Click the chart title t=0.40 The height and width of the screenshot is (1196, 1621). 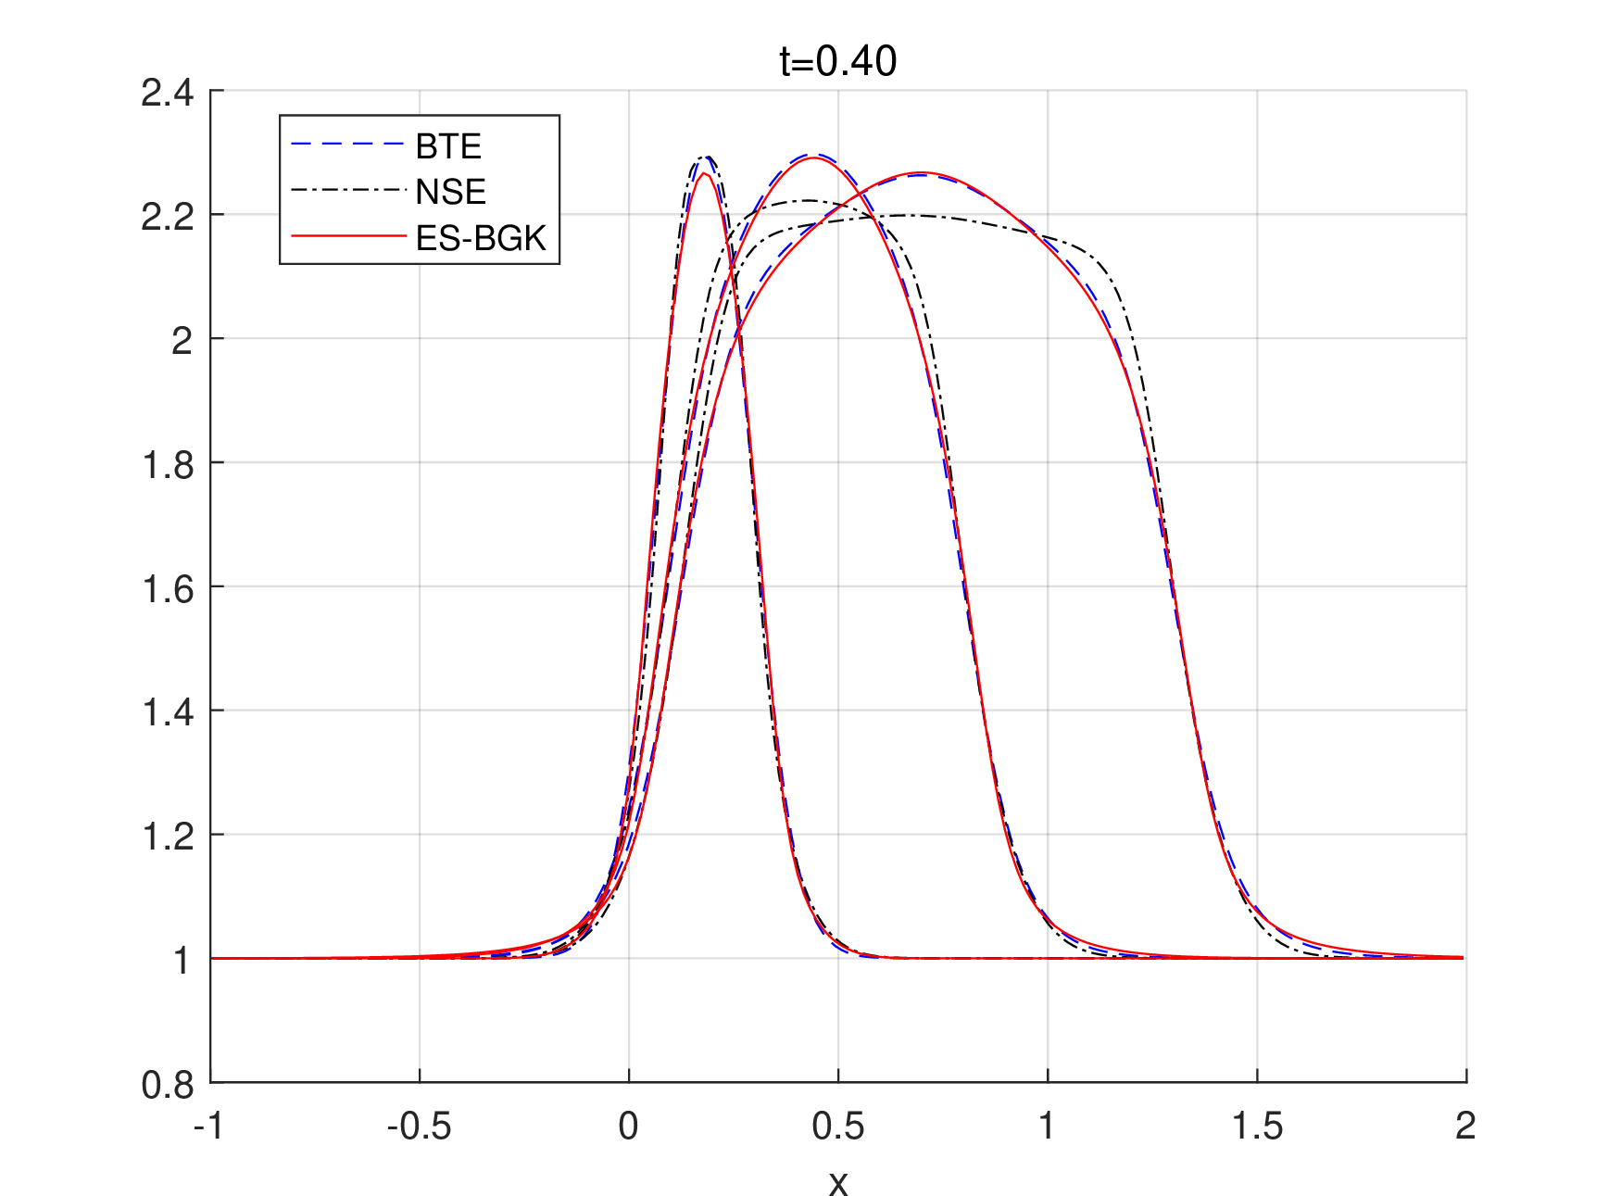837,61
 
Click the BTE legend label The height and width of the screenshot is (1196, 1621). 448,146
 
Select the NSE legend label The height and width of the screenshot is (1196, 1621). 450,192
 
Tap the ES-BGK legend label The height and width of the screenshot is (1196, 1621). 481,238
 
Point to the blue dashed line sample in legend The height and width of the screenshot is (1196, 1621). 347,145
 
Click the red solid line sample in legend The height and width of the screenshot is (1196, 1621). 347,237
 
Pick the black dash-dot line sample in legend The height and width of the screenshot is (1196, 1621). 347,191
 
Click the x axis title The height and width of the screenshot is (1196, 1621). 837,1183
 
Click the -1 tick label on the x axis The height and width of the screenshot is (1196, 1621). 208,1127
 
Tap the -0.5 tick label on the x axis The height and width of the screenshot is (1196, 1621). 419,1127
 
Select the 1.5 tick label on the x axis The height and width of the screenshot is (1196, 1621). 1257,1127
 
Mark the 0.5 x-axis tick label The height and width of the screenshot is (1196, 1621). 837,1127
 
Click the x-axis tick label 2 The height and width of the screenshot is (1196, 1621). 1464,1127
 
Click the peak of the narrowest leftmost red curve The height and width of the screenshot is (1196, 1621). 704,173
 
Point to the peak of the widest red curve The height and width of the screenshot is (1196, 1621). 920,173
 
